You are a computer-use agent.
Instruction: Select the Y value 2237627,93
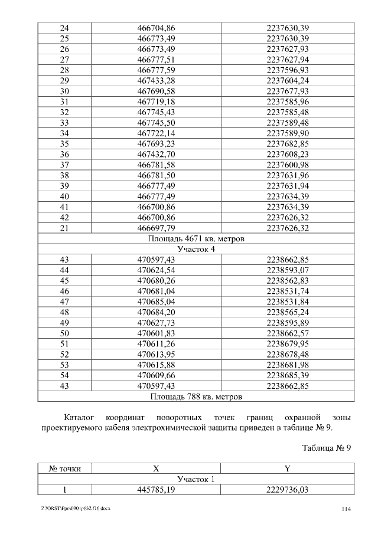[x=288, y=49]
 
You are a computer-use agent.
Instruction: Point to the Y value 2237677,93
[x=288, y=91]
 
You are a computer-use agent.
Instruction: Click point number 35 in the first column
[x=65, y=143]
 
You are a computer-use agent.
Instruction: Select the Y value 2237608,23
[x=288, y=154]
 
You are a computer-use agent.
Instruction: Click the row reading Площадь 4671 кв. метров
[x=196, y=239]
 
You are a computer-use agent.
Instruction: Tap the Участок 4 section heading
[x=196, y=250]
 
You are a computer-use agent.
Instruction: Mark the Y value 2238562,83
[x=288, y=281]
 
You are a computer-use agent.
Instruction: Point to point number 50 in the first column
[x=65, y=333]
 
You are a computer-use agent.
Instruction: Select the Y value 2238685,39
[x=288, y=375]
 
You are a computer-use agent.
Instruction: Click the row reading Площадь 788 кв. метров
[x=196, y=397]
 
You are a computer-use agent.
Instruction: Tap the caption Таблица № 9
[x=327, y=447]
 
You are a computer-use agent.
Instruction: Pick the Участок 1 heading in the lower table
[x=196, y=479]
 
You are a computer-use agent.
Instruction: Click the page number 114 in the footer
[x=347, y=509]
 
